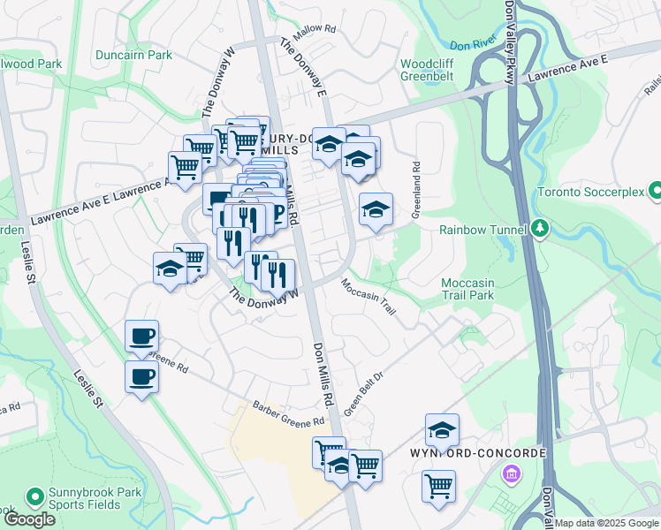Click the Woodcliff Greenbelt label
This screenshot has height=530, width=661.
[428, 71]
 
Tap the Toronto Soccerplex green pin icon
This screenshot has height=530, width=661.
[655, 191]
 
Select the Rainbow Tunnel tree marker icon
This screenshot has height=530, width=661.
[540, 230]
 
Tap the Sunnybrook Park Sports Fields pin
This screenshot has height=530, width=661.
[35, 496]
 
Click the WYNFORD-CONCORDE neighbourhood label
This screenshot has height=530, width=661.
[478, 453]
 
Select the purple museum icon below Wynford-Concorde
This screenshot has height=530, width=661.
[511, 476]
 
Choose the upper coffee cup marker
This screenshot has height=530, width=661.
[141, 336]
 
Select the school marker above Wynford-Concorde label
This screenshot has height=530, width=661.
[442, 430]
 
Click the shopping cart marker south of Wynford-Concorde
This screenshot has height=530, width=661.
[438, 485]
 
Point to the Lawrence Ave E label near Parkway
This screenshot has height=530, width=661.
[569, 71]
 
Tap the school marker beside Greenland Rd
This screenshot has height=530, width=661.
[376, 209]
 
